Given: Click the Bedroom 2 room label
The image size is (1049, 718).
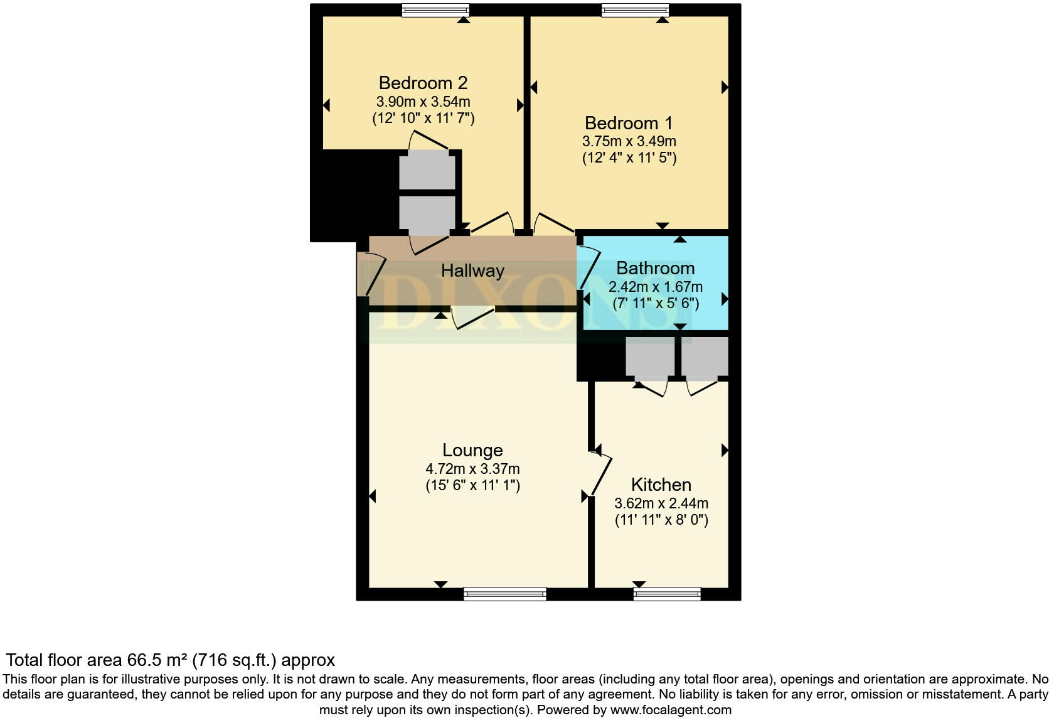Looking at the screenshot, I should [423, 83].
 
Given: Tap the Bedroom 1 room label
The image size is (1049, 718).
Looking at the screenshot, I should [629, 123].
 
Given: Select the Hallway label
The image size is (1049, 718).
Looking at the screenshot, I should [472, 271].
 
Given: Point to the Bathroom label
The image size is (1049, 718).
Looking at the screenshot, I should [655, 269].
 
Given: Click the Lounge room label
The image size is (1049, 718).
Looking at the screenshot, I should [472, 450].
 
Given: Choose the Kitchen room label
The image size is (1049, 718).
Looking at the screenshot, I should [661, 485].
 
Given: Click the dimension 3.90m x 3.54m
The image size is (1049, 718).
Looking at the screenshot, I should [423, 102].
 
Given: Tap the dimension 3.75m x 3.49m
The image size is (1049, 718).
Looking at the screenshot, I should [629, 141].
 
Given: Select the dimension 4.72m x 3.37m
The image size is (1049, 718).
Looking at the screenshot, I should [472, 469].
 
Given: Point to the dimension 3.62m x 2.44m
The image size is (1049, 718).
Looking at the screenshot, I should [661, 503].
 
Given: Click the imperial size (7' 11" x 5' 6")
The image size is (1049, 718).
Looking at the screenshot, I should [655, 304].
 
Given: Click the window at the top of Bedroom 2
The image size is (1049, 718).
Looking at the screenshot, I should [435, 10].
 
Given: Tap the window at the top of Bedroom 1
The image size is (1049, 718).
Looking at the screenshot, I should [635, 10].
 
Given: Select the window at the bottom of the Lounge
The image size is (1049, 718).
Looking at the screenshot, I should [504, 594].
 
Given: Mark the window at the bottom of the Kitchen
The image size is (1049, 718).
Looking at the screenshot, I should [666, 594].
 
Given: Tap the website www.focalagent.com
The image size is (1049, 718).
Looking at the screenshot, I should [671, 710].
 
